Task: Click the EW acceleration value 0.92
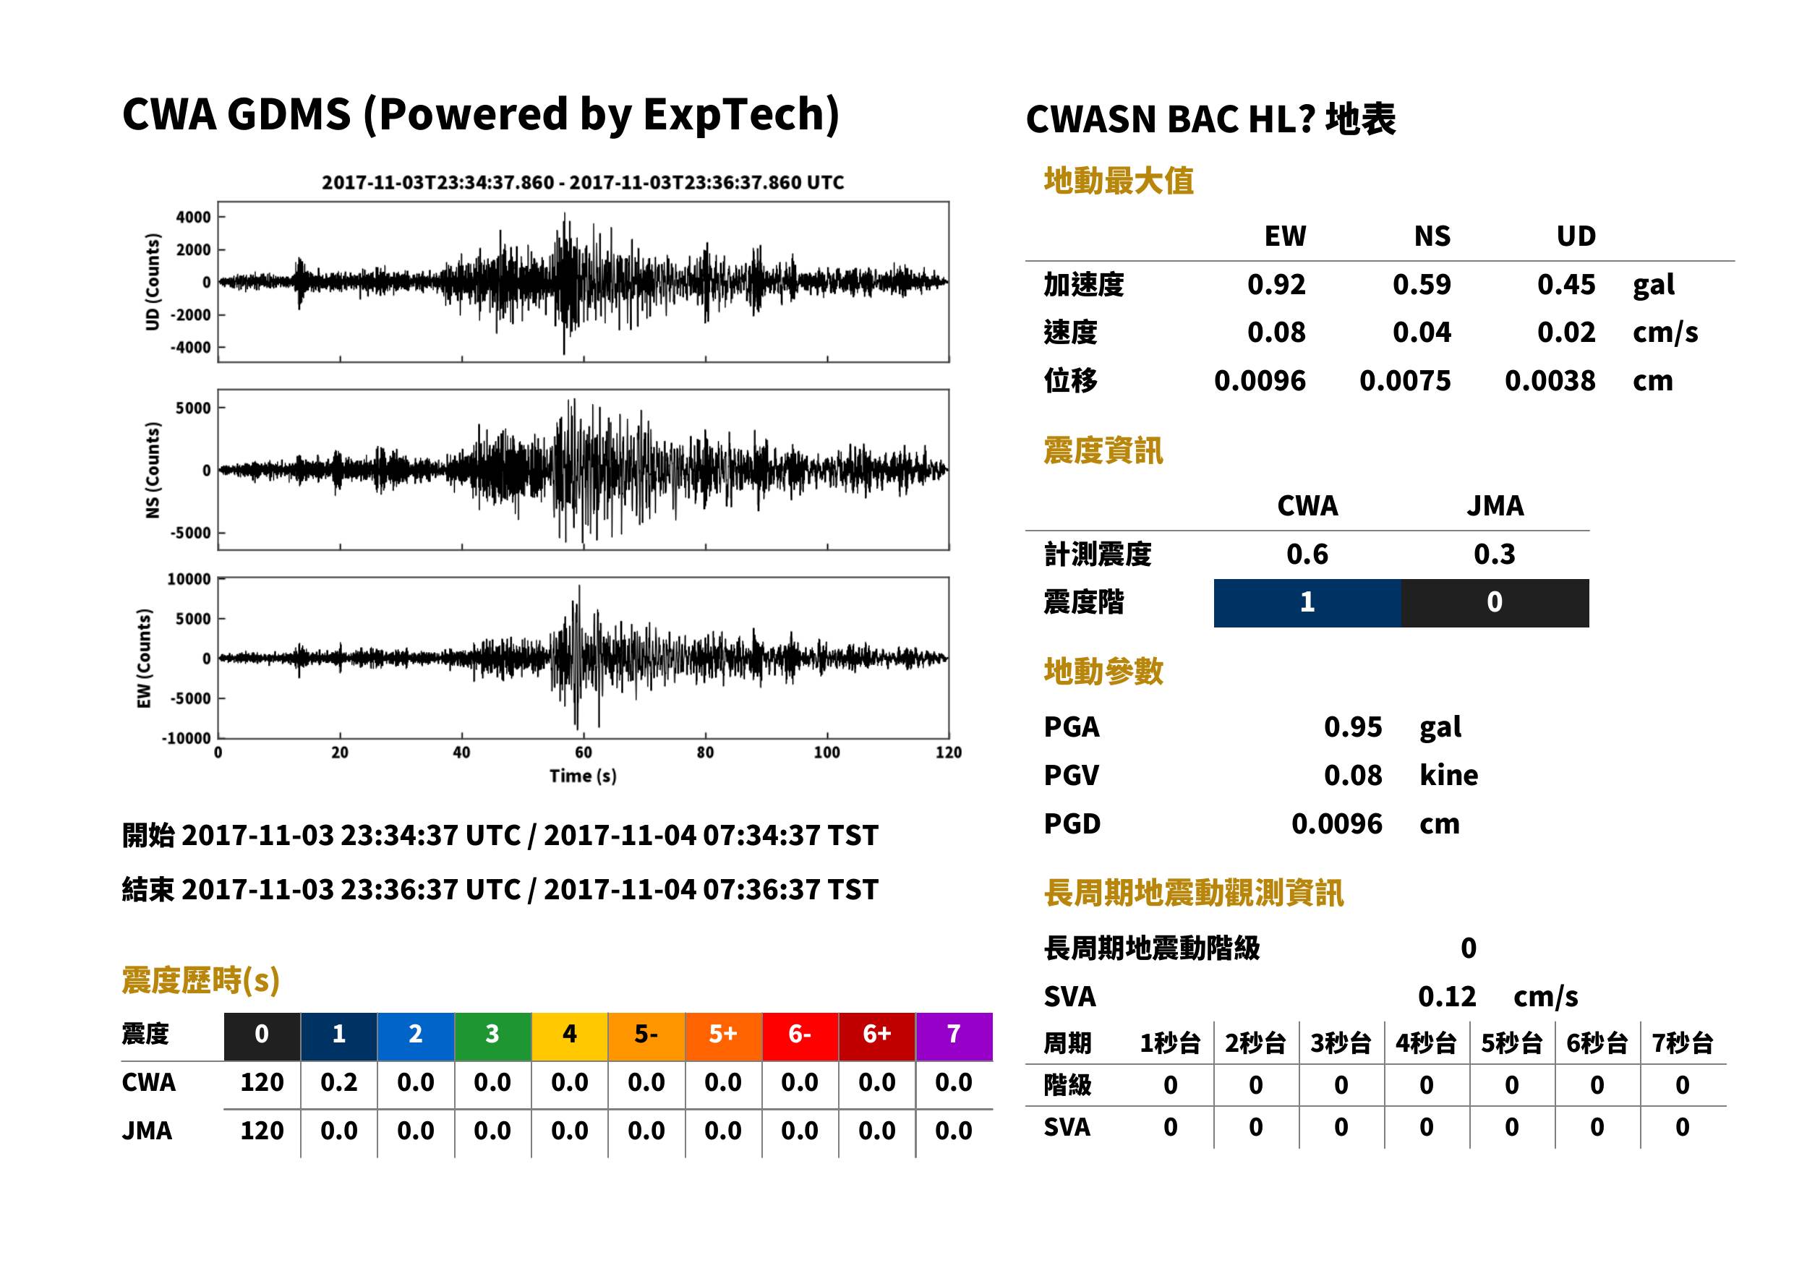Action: [1276, 285]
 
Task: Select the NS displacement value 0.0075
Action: [1404, 381]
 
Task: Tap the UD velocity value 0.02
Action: [1566, 333]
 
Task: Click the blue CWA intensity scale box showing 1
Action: [1307, 603]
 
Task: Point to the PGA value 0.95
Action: [1353, 727]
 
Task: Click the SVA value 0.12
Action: [1447, 997]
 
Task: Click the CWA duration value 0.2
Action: [339, 1083]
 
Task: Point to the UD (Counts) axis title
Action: [153, 282]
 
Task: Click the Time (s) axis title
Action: [583, 776]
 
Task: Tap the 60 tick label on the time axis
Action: [583, 753]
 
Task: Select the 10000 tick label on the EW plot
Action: [189, 580]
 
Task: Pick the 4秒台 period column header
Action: [1425, 1044]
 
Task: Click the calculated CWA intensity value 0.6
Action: [1307, 554]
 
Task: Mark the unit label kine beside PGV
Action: [1448, 776]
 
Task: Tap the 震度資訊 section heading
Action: [1103, 451]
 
